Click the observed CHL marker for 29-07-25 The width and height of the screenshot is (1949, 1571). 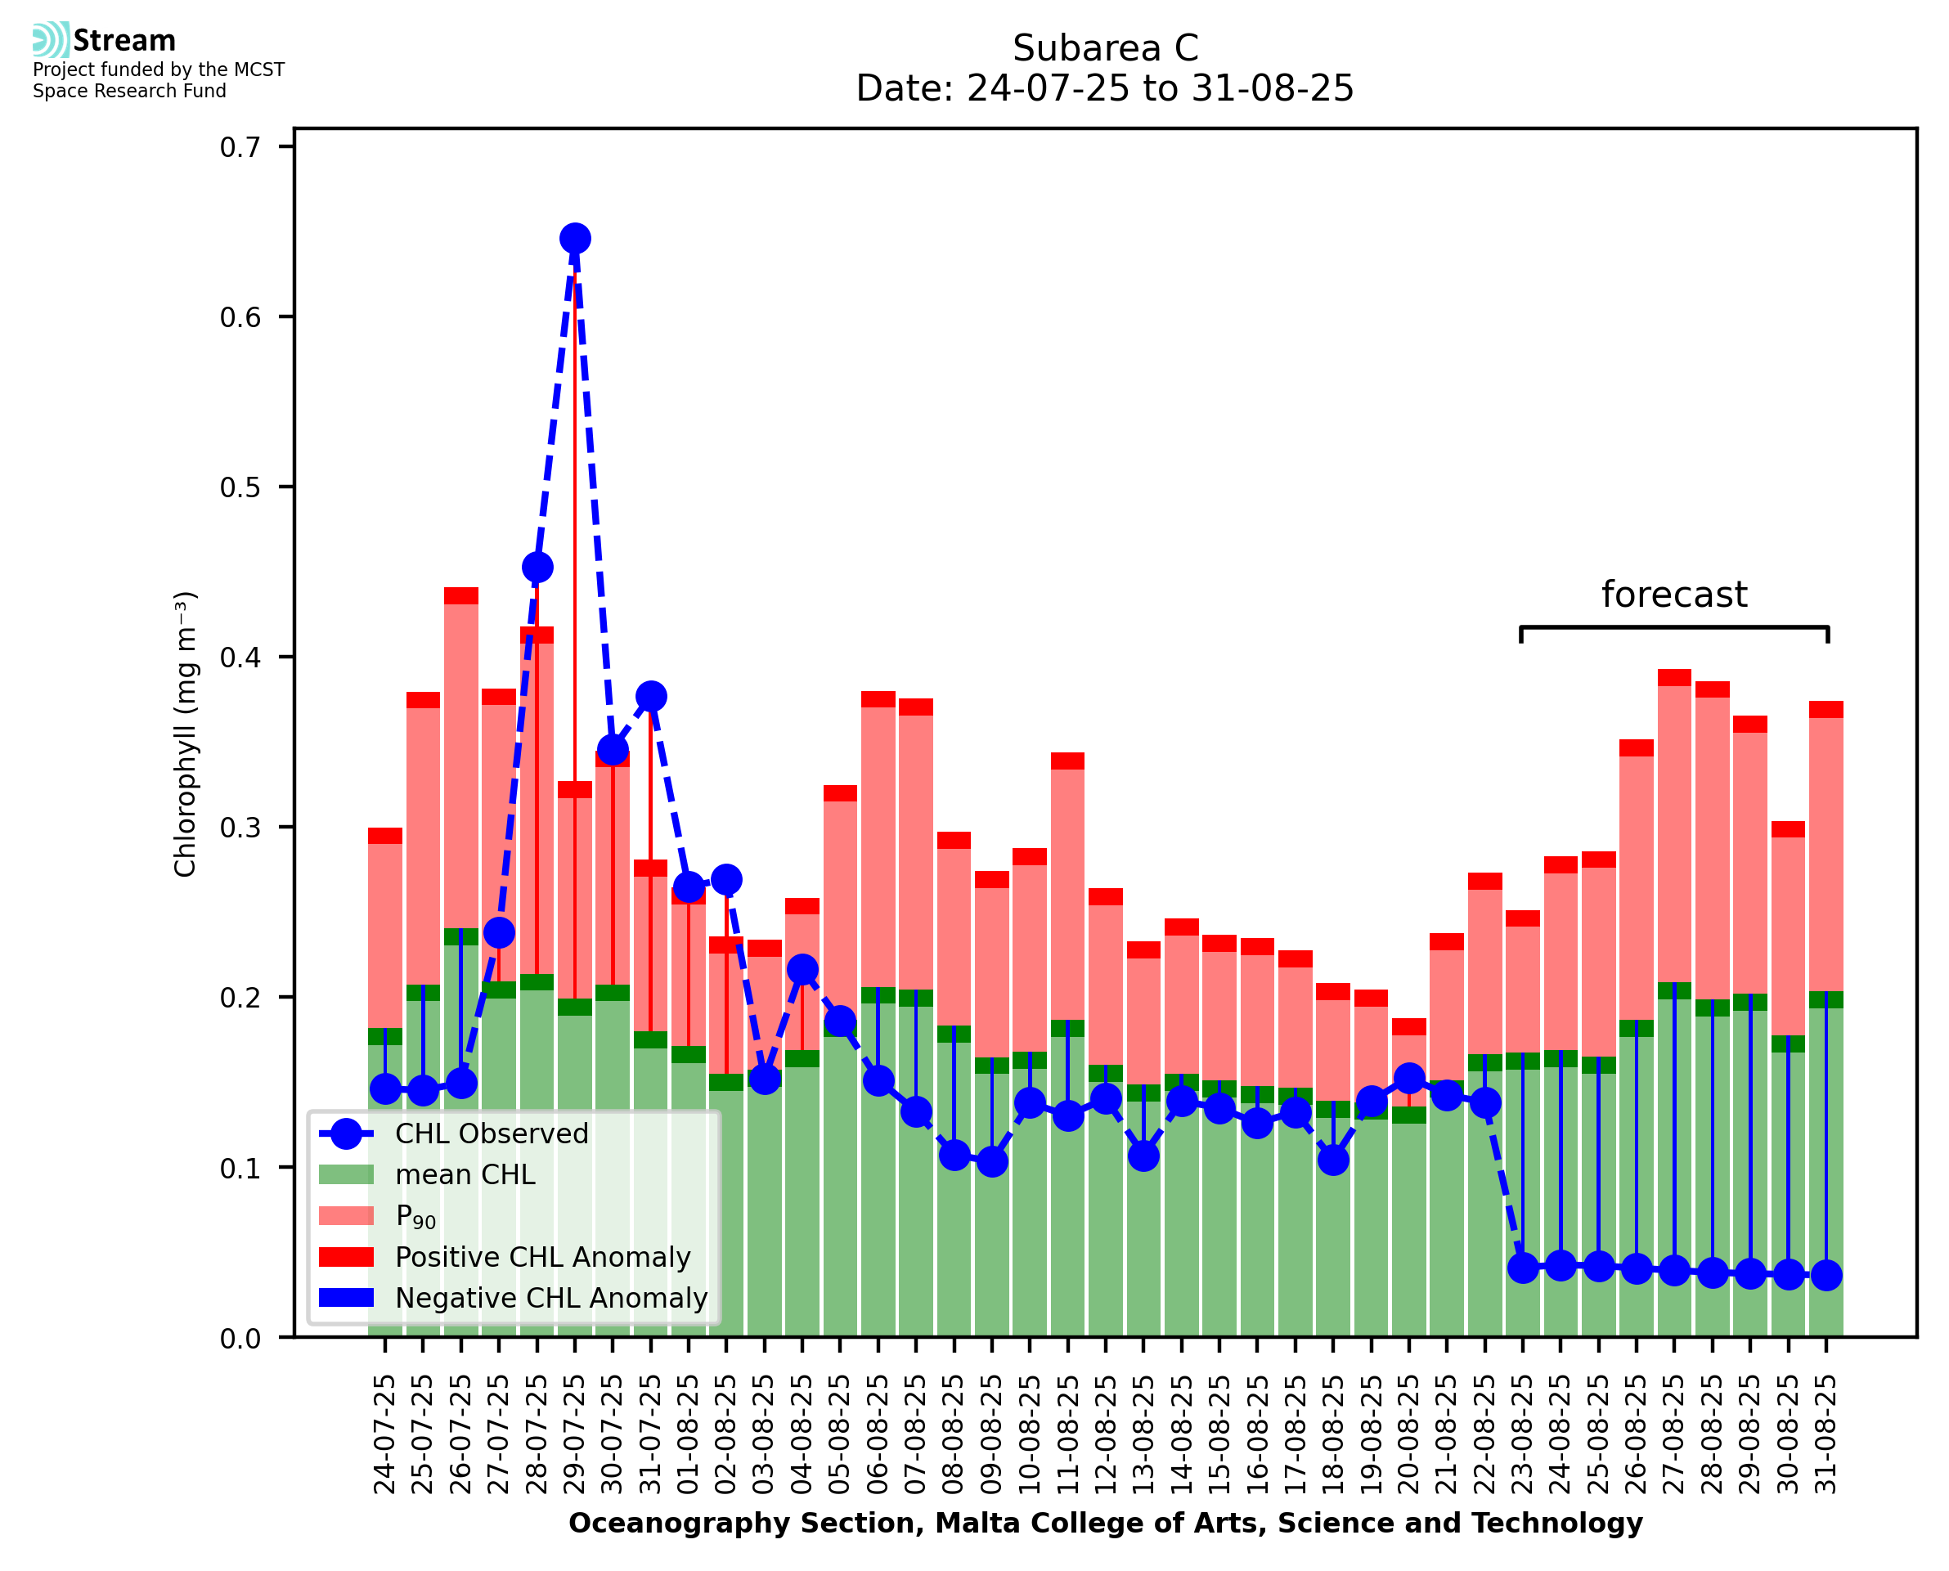point(575,239)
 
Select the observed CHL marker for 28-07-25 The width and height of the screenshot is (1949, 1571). point(537,568)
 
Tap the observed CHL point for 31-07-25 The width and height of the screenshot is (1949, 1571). point(650,697)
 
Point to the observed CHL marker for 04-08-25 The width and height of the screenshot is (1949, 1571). point(802,970)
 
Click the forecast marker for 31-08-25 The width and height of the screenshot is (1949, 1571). point(1826,1276)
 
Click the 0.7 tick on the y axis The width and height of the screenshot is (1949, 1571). point(240,147)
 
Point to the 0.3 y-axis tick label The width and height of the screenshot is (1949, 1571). point(240,828)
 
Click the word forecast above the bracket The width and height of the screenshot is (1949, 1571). point(1674,595)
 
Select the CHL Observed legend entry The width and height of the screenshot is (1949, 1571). point(492,1134)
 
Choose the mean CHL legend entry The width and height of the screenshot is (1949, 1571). point(465,1174)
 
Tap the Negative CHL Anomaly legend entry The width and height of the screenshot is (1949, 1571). point(550,1298)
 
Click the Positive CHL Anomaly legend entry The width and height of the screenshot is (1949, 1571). point(542,1257)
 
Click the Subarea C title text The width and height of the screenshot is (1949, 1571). point(1105,48)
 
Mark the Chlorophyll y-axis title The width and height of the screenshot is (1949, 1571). point(185,734)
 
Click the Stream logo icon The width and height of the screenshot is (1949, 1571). point(51,40)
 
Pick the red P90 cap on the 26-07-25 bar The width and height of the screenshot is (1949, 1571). point(461,595)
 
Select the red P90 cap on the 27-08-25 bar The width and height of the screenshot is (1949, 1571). point(1674,678)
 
